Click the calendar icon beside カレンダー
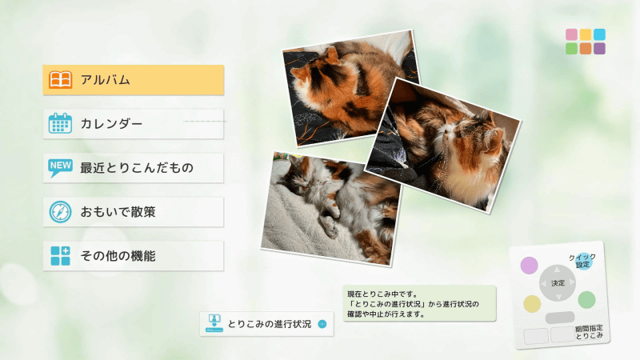[x=61, y=124]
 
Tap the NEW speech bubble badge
[x=61, y=167]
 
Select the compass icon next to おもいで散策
[x=61, y=212]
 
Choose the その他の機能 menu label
[x=118, y=256]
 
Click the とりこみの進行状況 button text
[x=269, y=324]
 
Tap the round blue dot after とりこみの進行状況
[x=322, y=324]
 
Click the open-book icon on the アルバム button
[x=61, y=80]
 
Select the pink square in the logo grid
[x=572, y=35]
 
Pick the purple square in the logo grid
[x=599, y=49]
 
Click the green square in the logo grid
[x=572, y=49]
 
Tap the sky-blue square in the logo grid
[x=599, y=35]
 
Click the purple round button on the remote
[x=530, y=265]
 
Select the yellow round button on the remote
[x=532, y=304]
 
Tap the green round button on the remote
[x=586, y=300]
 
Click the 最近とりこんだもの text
[x=137, y=168]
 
